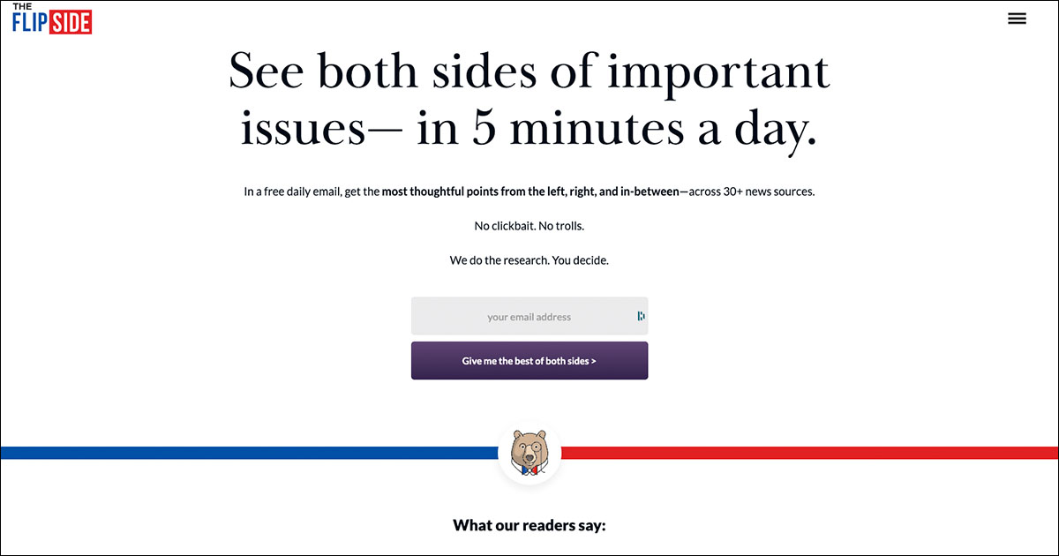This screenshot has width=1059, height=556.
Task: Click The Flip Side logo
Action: (52, 19)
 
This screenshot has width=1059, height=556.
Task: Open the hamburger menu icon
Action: (1017, 19)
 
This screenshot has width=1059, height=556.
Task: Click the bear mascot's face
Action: (529, 450)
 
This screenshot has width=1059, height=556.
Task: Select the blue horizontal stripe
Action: (247, 453)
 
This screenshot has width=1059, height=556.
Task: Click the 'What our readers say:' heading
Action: (529, 526)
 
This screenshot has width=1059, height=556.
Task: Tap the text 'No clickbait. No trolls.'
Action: (529, 226)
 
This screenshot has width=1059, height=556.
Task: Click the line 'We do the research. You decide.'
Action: (529, 260)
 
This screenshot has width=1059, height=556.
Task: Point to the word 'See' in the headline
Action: (267, 72)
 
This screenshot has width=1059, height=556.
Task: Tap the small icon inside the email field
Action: (641, 316)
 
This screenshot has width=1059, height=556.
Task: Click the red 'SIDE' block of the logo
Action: (71, 23)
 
